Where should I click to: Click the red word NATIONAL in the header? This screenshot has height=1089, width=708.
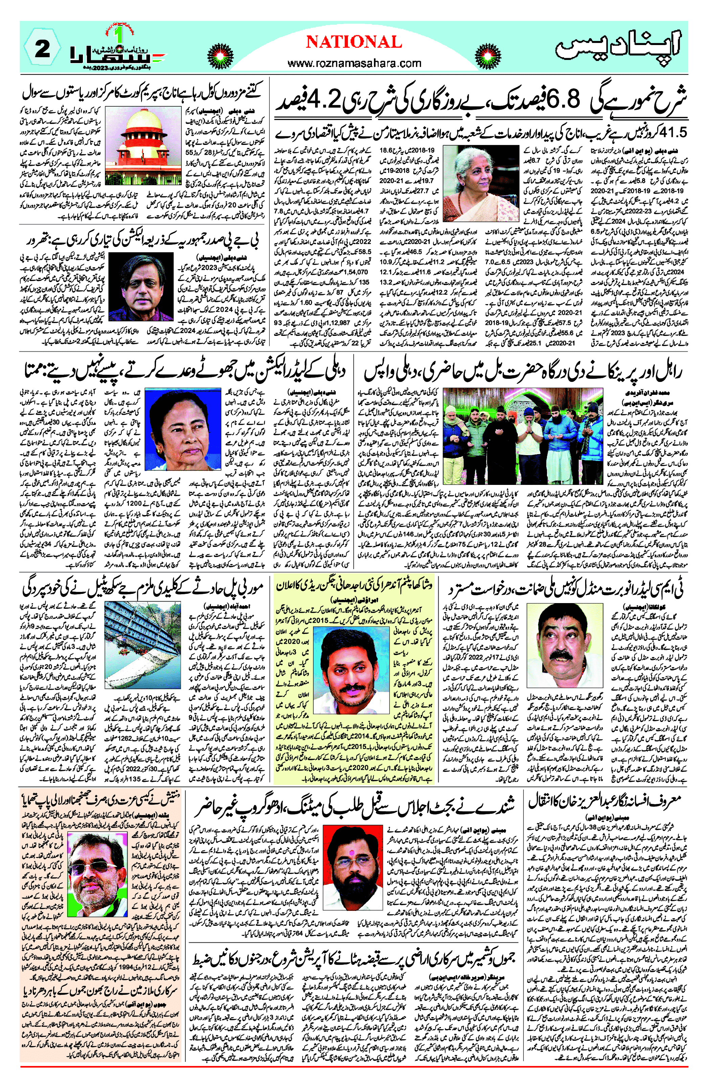(354, 43)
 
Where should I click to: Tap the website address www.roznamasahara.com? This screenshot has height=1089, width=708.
(354, 63)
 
